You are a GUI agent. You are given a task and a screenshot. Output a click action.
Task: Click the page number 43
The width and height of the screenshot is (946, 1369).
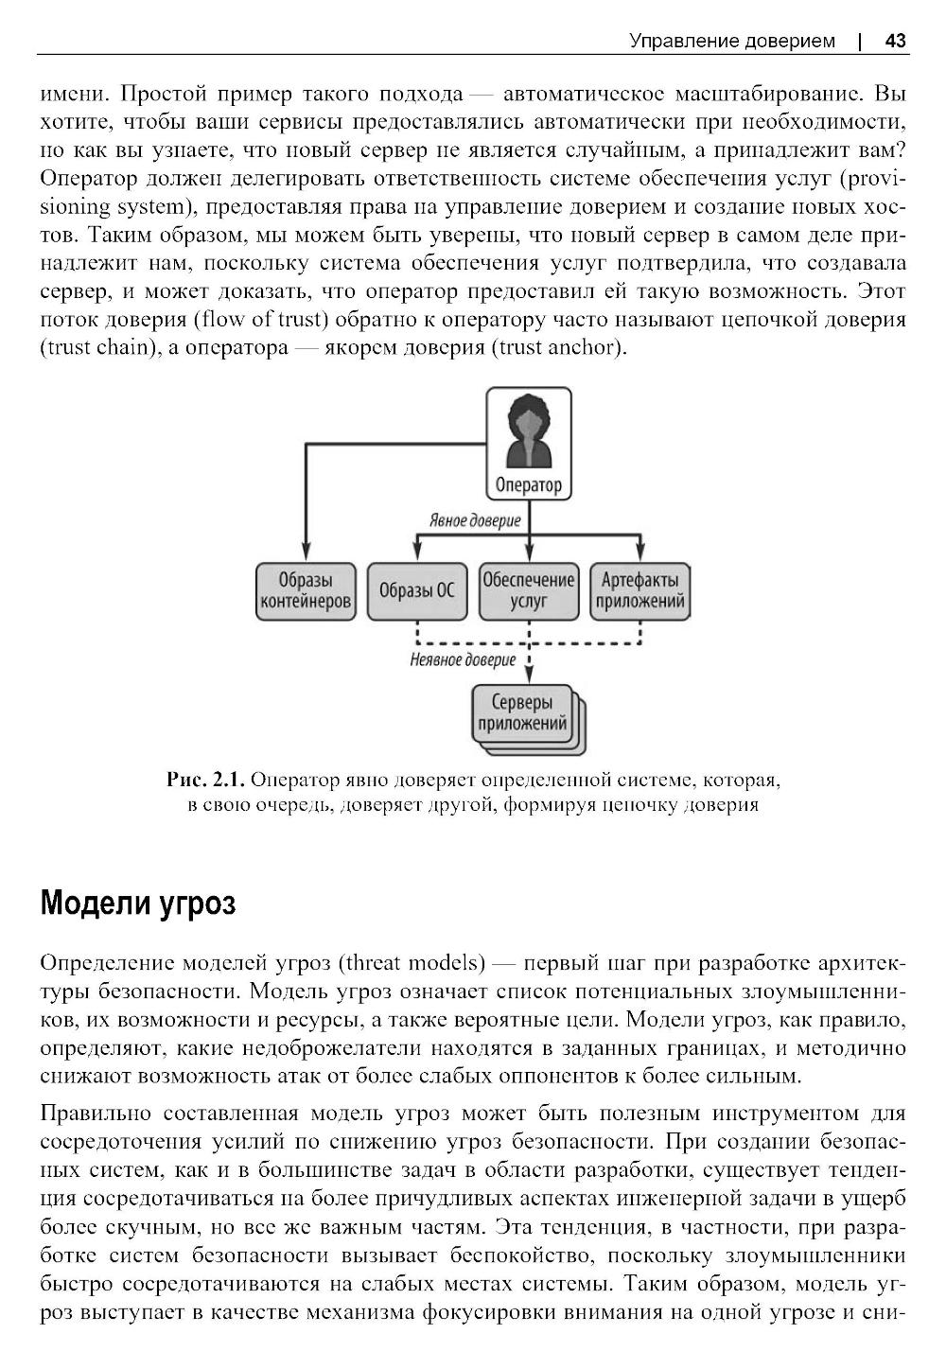(895, 41)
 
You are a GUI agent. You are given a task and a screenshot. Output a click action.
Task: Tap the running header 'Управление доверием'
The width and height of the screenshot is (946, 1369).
(732, 41)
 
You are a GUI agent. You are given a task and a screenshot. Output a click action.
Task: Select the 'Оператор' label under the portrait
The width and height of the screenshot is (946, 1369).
(528, 485)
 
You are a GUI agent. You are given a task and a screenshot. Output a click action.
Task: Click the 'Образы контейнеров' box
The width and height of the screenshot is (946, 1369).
(306, 591)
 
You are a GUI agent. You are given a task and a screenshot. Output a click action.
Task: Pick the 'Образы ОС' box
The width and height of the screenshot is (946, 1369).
(416, 591)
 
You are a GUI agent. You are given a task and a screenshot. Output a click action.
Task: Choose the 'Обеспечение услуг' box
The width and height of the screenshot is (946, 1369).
(528, 591)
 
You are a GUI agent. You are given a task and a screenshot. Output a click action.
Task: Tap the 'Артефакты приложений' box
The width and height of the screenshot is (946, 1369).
(639, 591)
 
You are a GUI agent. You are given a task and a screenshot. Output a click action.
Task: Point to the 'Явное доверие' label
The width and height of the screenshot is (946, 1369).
(475, 519)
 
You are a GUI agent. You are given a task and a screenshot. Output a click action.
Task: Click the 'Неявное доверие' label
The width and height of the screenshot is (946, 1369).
(463, 659)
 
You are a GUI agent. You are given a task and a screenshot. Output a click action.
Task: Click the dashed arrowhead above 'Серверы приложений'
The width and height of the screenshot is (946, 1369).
(528, 674)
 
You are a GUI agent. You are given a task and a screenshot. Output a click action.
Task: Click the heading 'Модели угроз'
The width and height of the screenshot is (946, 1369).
(138, 904)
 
